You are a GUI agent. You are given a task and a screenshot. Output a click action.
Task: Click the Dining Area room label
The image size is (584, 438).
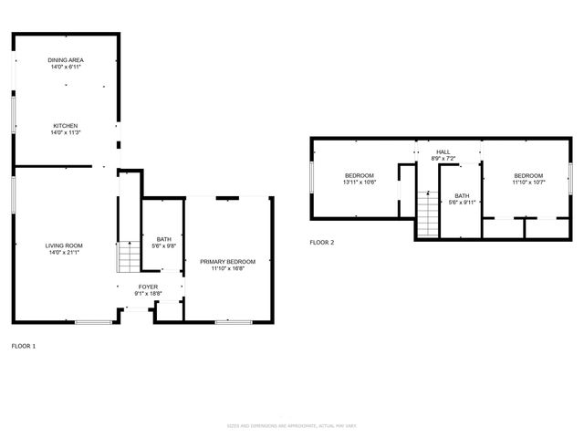pos(66,60)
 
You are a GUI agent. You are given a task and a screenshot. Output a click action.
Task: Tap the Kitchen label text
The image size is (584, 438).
pos(65,126)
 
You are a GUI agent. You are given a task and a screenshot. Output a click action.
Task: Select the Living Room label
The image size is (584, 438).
pos(65,245)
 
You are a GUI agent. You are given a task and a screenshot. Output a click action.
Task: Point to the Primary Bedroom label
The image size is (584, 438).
pos(227,262)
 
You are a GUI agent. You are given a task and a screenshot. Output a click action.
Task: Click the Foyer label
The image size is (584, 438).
pos(147,287)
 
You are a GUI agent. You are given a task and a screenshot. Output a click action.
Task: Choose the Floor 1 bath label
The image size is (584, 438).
pos(163,239)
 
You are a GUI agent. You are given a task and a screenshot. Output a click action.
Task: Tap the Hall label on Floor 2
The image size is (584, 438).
pos(443,152)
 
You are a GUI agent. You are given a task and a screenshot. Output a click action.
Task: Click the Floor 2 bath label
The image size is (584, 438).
pos(462,195)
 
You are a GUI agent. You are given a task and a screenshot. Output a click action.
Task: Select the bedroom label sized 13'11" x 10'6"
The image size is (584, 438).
pos(360,175)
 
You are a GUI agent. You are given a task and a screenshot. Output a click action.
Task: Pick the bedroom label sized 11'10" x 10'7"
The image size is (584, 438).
pos(527,176)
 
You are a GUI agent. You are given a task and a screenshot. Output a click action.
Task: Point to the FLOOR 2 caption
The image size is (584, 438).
pos(322,243)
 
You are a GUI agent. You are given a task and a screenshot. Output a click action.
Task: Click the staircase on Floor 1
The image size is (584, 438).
pos(128,256)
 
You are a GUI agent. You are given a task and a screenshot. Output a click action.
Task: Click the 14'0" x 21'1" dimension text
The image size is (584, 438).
pos(65,252)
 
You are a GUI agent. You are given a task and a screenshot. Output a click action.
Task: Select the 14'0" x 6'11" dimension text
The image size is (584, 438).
pos(66,67)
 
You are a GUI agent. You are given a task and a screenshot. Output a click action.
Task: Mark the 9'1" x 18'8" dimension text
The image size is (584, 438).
pos(147,293)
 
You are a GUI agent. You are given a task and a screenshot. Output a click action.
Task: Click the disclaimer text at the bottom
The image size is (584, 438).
pos(291,426)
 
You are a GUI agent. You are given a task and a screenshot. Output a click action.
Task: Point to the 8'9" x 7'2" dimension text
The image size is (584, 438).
pos(443,159)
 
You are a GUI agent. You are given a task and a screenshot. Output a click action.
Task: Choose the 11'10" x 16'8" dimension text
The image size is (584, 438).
pos(227,268)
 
